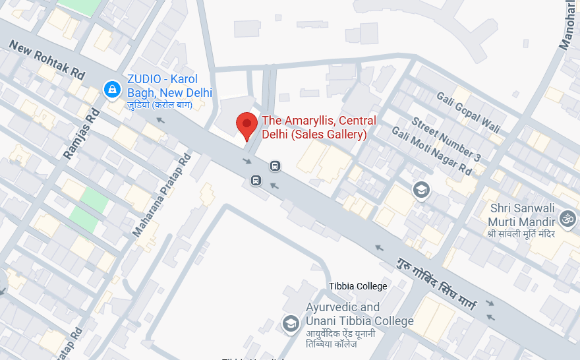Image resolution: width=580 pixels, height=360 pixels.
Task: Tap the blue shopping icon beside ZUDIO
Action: click(112, 88)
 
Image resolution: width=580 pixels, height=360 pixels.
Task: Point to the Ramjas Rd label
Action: click(81, 134)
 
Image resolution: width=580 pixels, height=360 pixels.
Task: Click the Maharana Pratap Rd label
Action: click(162, 195)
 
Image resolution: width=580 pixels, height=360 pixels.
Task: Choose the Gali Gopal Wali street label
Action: click(468, 111)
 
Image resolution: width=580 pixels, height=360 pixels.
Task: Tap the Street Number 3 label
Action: click(446, 139)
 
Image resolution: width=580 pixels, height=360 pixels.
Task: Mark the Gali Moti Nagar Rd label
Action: click(432, 151)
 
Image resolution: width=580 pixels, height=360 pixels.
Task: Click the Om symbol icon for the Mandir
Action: click(567, 218)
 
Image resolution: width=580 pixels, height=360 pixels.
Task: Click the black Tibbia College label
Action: click(358, 286)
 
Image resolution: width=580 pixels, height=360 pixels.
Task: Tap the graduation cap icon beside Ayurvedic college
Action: click(290, 323)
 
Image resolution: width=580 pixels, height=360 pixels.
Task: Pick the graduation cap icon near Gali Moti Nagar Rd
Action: click(421, 191)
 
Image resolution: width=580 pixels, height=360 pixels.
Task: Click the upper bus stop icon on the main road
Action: click(275, 166)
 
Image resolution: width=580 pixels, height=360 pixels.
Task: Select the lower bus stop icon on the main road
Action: click(256, 180)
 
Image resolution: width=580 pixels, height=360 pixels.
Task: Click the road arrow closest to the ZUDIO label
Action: click(160, 120)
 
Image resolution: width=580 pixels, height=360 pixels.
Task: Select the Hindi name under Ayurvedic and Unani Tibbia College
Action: click(341, 339)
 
